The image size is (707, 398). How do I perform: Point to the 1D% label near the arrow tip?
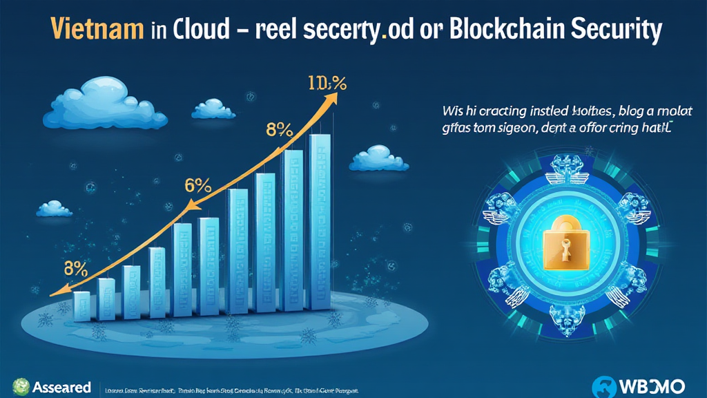pos(328,84)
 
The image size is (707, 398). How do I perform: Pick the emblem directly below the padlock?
pos(567,320)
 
